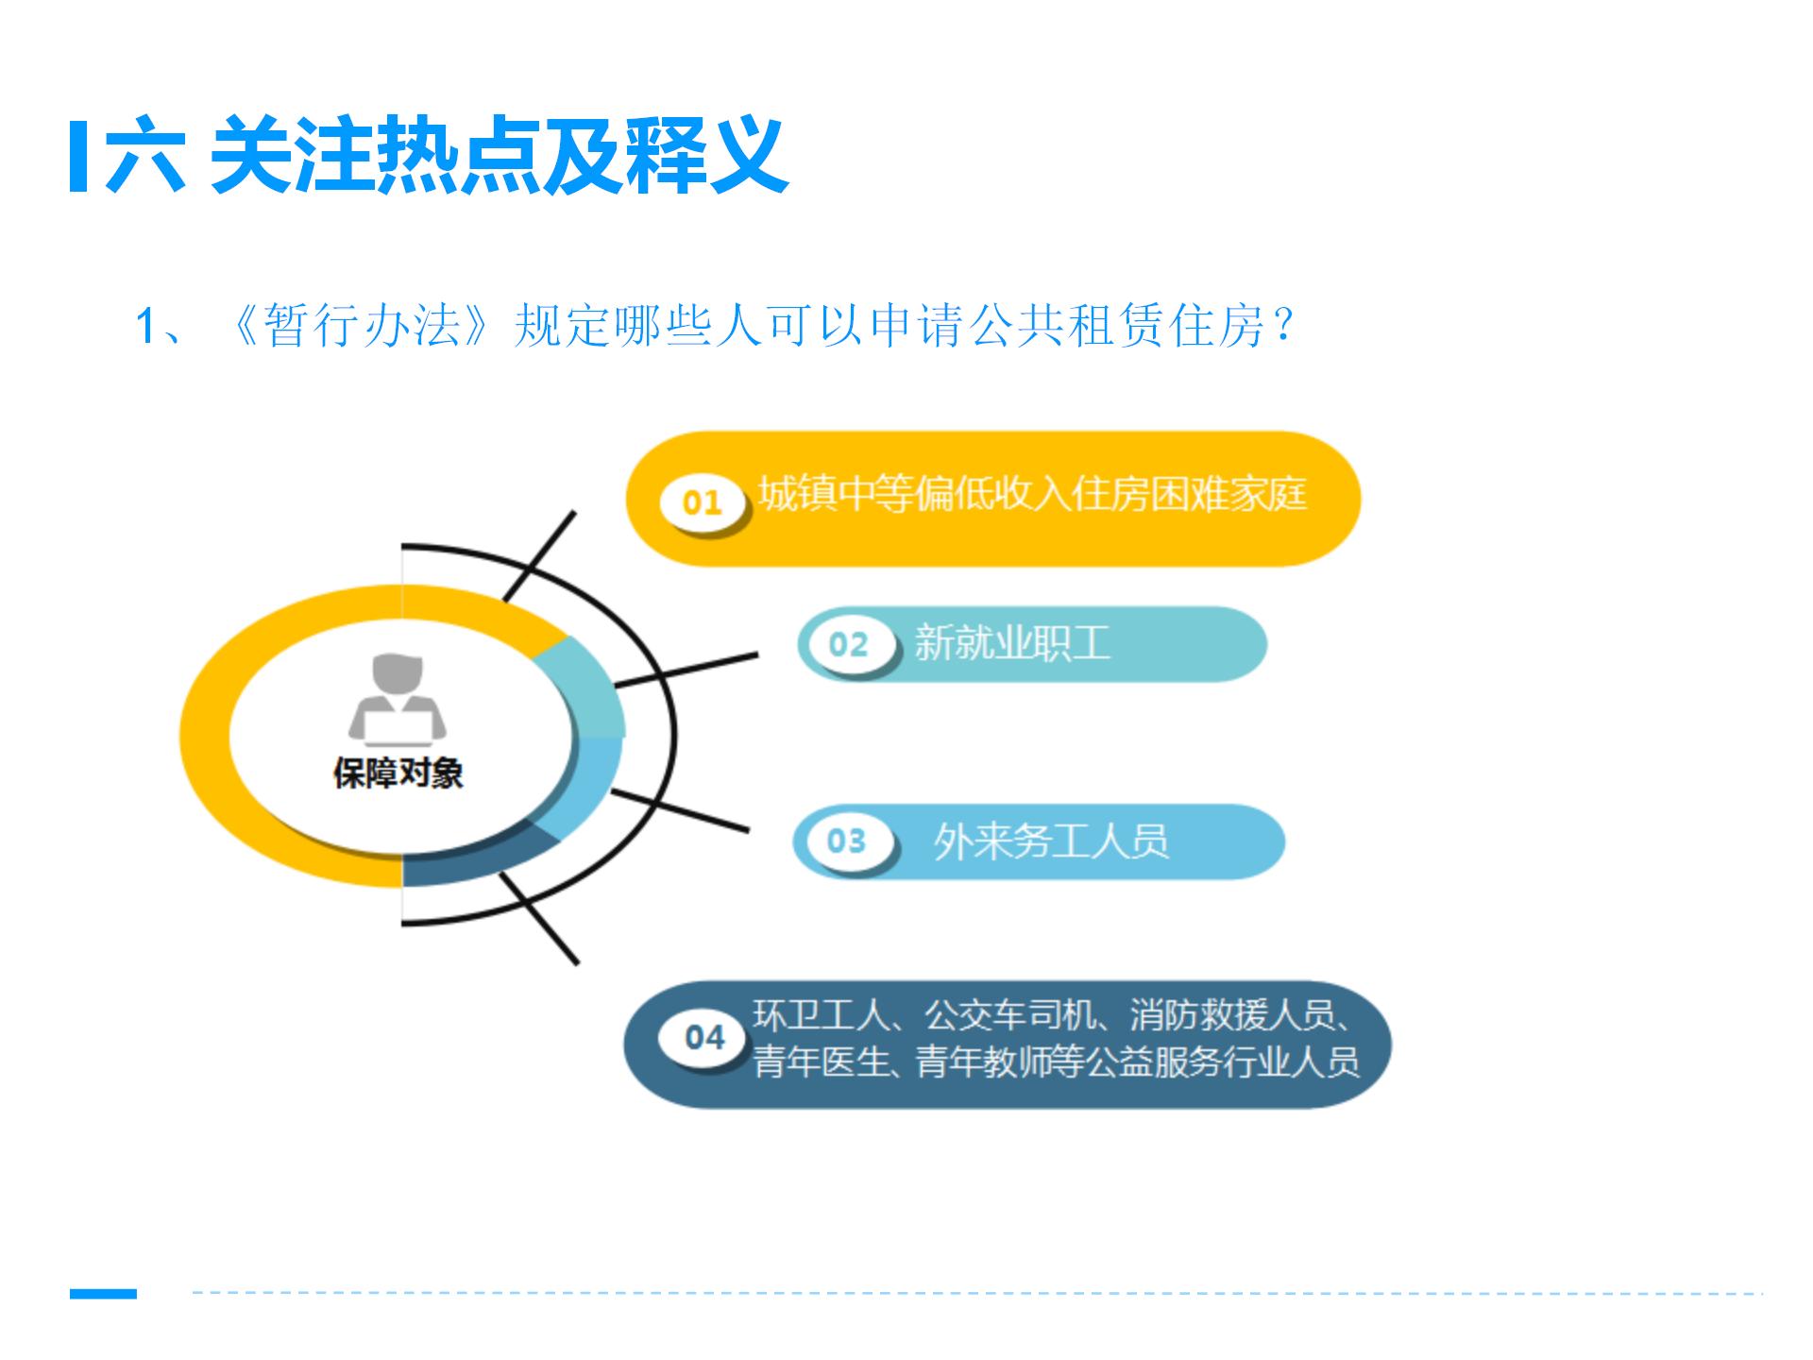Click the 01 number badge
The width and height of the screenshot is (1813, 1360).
click(x=702, y=501)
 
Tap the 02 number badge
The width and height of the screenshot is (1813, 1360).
click(x=847, y=644)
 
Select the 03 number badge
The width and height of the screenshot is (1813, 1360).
click(x=845, y=841)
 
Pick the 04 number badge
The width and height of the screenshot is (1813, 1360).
click(x=704, y=1037)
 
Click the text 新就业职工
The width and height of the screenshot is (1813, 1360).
click(x=1012, y=643)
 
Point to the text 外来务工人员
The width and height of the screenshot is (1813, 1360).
click(x=1051, y=841)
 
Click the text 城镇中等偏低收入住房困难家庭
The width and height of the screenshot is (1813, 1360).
click(x=1033, y=494)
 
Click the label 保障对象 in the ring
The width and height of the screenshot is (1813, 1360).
click(x=398, y=773)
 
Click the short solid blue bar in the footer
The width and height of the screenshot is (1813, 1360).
click(x=103, y=1293)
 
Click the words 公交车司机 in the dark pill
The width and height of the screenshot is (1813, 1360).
click(x=1010, y=1015)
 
